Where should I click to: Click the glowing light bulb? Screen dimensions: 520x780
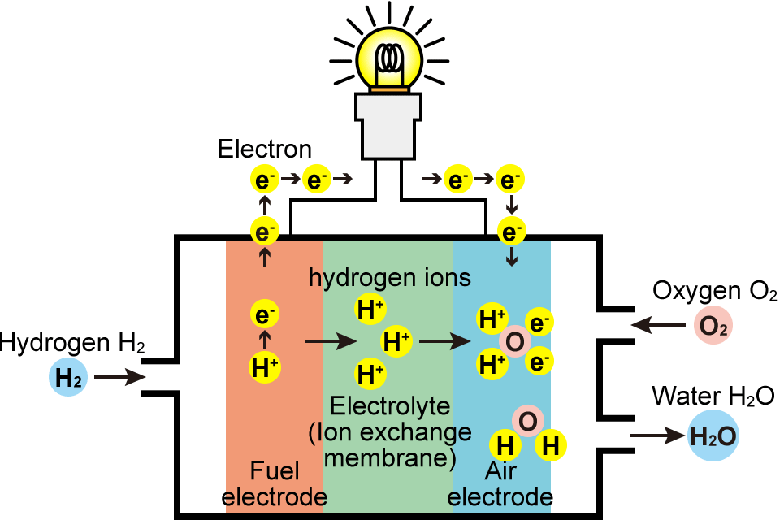pyautogui.click(x=391, y=58)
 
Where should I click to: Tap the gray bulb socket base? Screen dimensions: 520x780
pyautogui.click(x=390, y=126)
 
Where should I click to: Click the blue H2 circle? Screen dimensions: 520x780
pyautogui.click(x=67, y=378)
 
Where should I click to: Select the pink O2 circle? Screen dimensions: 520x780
pyautogui.click(x=713, y=327)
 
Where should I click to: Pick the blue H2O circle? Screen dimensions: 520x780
pyautogui.click(x=713, y=436)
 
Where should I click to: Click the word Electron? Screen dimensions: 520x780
pyautogui.click(x=265, y=149)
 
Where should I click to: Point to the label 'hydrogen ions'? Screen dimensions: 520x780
pyautogui.click(x=390, y=278)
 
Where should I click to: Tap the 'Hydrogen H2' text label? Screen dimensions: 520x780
pyautogui.click(x=73, y=344)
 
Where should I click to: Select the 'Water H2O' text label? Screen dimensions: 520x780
pyautogui.click(x=713, y=396)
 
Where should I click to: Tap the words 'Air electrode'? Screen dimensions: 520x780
pyautogui.click(x=500, y=484)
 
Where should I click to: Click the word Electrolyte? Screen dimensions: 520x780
pyautogui.click(x=390, y=404)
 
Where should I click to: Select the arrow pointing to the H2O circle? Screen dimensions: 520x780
pyautogui.click(x=657, y=436)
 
